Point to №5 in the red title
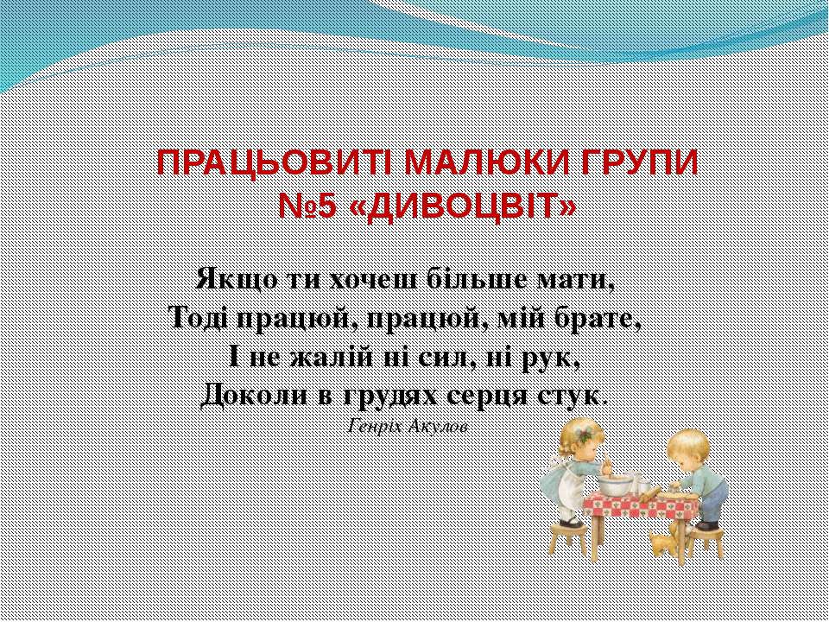(x=308, y=206)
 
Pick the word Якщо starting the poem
(x=230, y=281)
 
